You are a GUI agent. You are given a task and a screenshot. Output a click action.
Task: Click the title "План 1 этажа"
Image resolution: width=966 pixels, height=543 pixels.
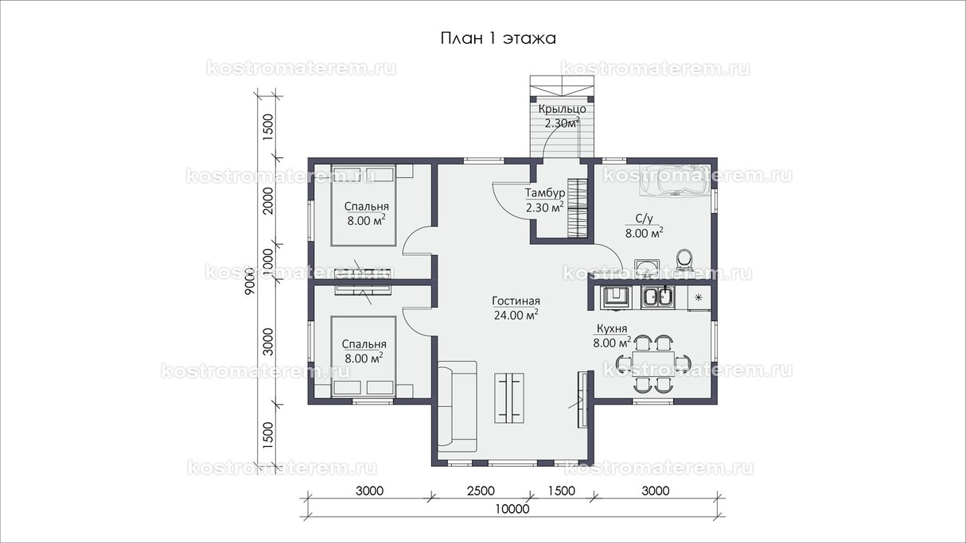click(x=498, y=38)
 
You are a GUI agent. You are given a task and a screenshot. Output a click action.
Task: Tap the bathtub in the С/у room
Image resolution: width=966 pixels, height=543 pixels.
click(x=674, y=181)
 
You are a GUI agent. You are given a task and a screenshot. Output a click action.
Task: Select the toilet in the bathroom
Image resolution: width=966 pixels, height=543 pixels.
click(x=684, y=260)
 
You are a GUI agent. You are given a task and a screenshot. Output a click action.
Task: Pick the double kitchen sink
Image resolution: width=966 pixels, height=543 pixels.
click(x=657, y=297)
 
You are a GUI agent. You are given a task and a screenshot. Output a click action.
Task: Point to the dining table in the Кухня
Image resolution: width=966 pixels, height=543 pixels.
click(x=653, y=364)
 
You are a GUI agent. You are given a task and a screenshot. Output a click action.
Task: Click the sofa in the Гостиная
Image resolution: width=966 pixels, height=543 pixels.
click(x=457, y=406)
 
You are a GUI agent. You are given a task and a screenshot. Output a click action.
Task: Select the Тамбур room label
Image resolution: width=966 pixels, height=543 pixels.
click(x=545, y=200)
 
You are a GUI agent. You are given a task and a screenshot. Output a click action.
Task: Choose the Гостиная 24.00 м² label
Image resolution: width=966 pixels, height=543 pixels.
click(x=516, y=308)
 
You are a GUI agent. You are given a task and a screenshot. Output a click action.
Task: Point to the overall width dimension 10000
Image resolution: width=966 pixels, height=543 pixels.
click(x=512, y=509)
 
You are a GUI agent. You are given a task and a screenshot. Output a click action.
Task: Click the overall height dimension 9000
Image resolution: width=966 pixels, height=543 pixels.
click(x=250, y=281)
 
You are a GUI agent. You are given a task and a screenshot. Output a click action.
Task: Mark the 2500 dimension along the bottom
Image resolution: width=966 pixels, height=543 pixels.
click(x=481, y=491)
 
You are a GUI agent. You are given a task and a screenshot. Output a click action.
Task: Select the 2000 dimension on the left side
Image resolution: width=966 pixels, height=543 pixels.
click(x=268, y=200)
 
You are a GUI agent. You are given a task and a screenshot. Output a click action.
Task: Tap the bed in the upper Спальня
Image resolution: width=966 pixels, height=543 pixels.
click(x=363, y=206)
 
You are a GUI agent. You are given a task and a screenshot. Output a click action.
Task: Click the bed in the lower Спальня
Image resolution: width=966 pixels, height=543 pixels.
click(x=363, y=356)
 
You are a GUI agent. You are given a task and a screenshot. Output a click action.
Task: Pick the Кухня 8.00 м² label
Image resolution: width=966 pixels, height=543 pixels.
click(x=612, y=335)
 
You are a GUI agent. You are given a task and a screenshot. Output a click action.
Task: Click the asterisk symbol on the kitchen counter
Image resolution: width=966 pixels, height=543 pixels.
click(x=699, y=297)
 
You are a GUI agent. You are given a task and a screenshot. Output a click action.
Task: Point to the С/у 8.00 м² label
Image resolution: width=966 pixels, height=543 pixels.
click(x=645, y=226)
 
